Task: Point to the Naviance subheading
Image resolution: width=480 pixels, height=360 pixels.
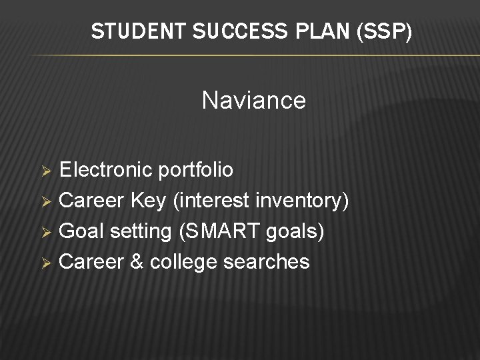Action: point(253,101)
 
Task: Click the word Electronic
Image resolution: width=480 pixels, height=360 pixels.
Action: point(106,170)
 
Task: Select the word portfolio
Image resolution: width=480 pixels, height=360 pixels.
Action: point(195,171)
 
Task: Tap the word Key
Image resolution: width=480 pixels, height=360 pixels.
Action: point(149,201)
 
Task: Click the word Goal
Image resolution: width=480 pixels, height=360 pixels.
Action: point(81,231)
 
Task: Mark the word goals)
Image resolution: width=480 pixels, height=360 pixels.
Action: point(294,231)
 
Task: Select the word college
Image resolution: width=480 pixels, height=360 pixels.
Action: point(184,262)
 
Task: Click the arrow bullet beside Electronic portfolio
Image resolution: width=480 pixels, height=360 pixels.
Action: point(47,171)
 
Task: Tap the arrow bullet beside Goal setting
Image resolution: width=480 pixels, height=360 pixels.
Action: point(47,232)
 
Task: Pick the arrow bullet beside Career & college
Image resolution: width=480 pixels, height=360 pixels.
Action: point(47,263)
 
